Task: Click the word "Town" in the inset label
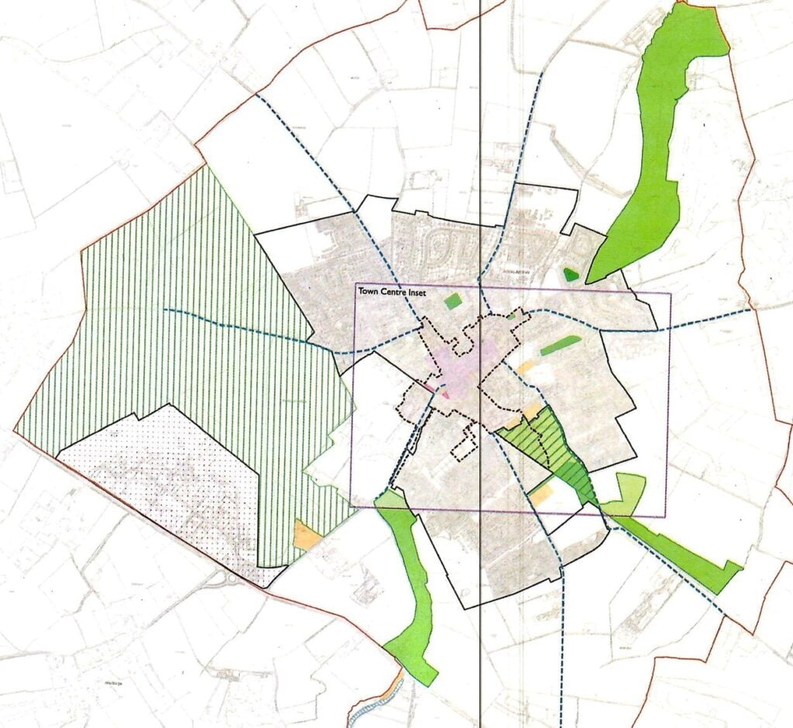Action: (368, 292)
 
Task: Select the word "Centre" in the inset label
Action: (398, 292)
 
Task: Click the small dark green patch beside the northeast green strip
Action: (571, 273)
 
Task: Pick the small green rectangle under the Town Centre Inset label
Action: (452, 301)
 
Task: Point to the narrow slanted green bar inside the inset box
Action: (561, 345)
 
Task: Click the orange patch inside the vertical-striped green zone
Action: (307, 535)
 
